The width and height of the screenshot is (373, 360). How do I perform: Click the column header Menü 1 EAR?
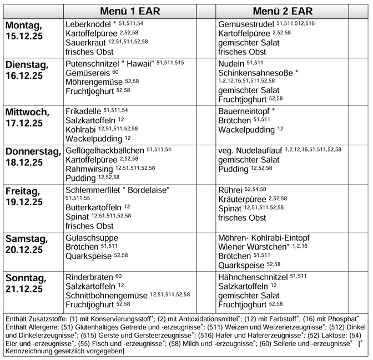coord(130,11)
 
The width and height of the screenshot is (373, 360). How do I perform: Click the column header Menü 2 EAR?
coord(283,11)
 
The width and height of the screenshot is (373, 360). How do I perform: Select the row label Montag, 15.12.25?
coord(26,31)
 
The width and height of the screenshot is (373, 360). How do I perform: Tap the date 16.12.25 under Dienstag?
coord(24,75)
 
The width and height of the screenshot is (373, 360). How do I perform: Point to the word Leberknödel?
coord(88,24)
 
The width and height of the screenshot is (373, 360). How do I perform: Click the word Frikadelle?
coord(83,111)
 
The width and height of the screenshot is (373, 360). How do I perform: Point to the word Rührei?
coord(230,190)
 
